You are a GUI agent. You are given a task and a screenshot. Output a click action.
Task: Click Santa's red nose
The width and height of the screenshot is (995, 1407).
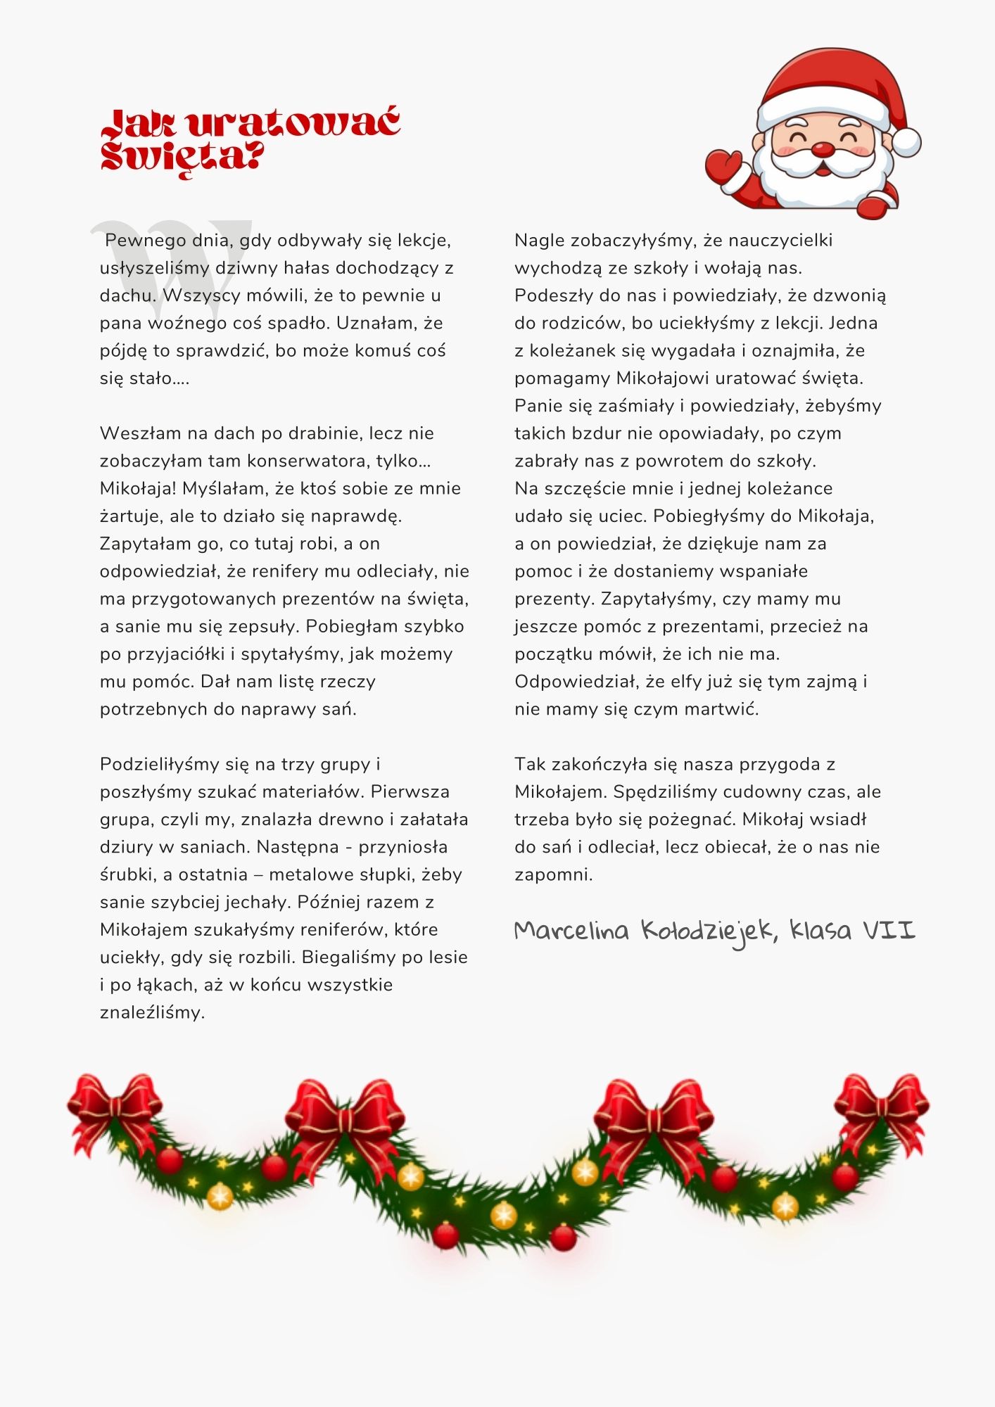tap(823, 149)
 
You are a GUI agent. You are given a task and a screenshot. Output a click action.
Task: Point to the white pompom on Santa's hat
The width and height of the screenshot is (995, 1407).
tap(906, 142)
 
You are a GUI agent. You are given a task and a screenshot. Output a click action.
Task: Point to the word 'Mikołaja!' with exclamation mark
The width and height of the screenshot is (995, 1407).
tap(138, 488)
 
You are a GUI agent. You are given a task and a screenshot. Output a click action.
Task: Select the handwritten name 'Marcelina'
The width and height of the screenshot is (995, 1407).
tap(571, 931)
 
